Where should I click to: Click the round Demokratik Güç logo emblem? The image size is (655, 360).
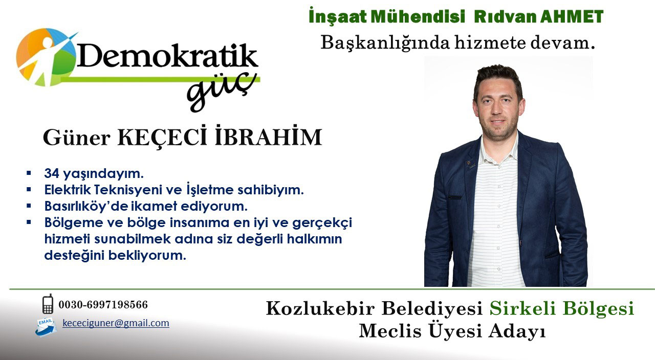(46, 57)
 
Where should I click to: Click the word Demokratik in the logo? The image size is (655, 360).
(167, 56)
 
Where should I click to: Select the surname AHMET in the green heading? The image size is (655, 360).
(572, 17)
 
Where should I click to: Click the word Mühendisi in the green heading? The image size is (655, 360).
(418, 17)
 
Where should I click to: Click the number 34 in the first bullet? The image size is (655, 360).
(52, 173)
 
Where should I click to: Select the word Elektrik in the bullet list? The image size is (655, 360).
(68, 190)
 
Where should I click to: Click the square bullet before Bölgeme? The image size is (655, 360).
(29, 222)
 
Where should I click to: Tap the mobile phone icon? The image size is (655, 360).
(48, 304)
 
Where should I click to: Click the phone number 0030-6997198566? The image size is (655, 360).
(103, 305)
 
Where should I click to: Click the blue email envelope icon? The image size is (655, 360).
(46, 327)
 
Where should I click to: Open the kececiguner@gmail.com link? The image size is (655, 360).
(116, 323)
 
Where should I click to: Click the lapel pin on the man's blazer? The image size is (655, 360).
(469, 162)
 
